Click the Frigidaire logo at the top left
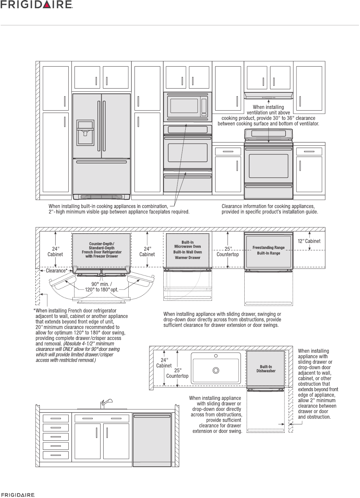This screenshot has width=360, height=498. tap(37, 4)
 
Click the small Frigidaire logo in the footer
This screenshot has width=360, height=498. tap(18, 495)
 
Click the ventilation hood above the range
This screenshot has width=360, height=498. tap(269, 95)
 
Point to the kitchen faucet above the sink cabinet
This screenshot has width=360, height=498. tap(105, 403)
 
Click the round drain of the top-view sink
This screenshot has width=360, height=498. tap(216, 370)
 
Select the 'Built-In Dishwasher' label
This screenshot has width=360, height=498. tap(266, 369)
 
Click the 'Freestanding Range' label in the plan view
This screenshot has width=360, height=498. tap(268, 247)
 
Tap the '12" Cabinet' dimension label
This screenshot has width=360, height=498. tap(309, 241)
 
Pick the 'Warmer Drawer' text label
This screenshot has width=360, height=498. tap(187, 258)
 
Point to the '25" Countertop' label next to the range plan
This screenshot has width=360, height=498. tap(228, 251)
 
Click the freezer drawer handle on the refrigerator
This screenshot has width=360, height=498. tap(102, 161)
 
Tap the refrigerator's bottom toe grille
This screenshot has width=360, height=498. tap(102, 196)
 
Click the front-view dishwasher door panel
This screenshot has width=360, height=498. tap(152, 441)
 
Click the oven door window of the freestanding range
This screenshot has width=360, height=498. tap(268, 166)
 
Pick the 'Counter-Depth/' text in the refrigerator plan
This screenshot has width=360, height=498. tap(102, 244)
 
